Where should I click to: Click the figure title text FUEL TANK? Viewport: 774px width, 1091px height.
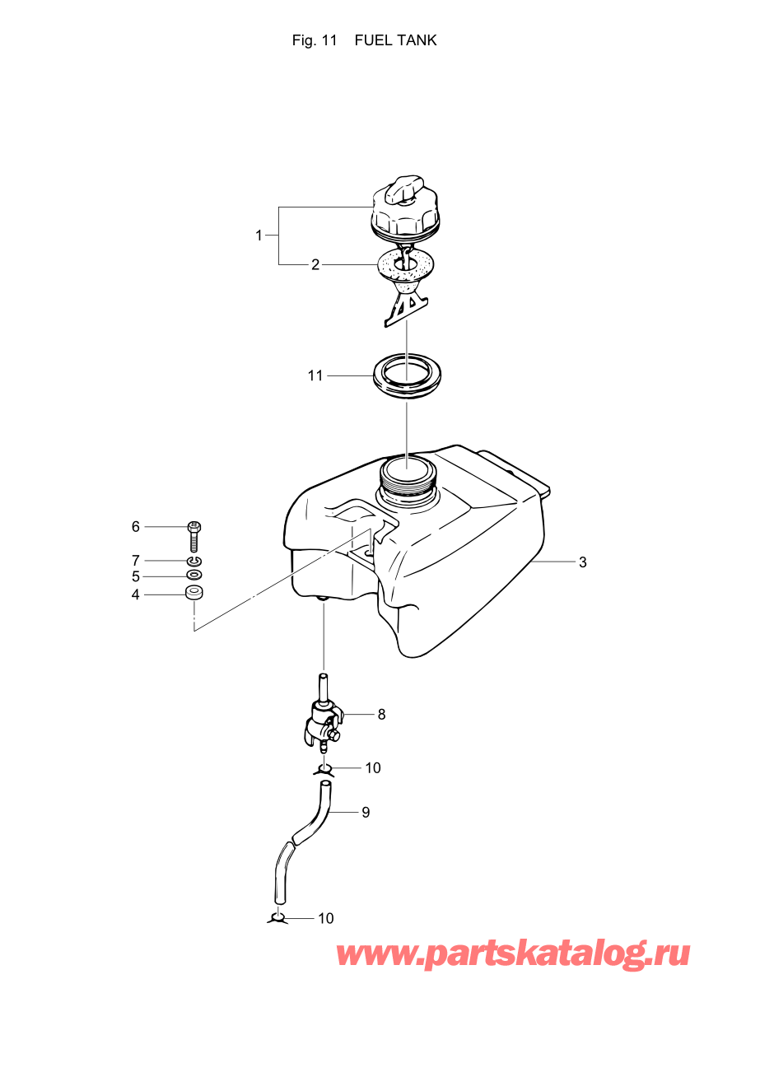(x=395, y=40)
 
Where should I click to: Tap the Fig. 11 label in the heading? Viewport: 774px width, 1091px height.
(x=315, y=40)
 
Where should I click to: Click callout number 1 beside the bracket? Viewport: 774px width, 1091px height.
(x=259, y=235)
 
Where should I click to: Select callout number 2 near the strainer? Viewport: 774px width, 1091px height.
(x=315, y=265)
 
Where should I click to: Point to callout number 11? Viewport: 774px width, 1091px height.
(x=315, y=375)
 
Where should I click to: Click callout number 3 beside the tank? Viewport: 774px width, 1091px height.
(x=582, y=562)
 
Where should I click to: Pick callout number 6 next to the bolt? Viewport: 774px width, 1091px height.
(x=136, y=527)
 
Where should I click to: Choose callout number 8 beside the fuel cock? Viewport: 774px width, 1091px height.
(x=381, y=715)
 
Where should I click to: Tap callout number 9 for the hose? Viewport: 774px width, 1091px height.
(x=366, y=813)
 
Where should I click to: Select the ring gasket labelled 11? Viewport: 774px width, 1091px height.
(x=406, y=375)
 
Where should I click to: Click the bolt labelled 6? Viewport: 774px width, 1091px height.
(x=194, y=535)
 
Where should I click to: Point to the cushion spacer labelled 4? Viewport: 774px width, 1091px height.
(x=194, y=593)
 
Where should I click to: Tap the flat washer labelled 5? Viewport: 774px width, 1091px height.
(x=195, y=575)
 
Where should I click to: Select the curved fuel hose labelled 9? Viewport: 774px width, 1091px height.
(x=303, y=840)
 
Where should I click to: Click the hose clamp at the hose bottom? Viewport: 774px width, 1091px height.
(x=277, y=917)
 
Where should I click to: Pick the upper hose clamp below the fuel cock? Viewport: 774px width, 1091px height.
(x=324, y=769)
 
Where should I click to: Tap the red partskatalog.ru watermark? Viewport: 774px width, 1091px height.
(x=512, y=953)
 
